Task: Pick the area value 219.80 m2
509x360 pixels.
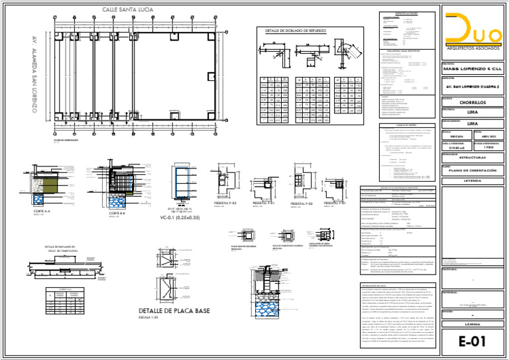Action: pyautogui.click(x=454, y=147)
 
